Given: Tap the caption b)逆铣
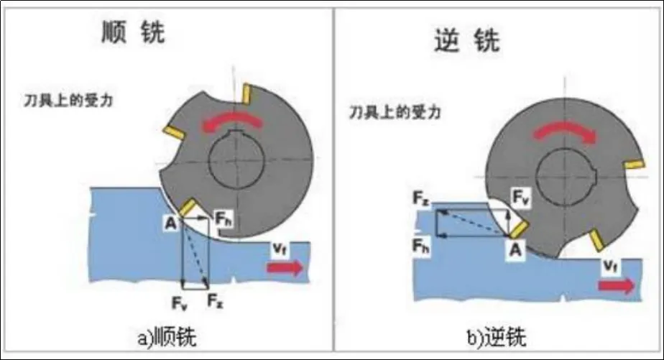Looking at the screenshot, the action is point(495,336).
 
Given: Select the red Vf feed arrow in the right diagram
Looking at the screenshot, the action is point(617,285).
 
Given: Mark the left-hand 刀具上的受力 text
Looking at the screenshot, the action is point(69,100).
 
